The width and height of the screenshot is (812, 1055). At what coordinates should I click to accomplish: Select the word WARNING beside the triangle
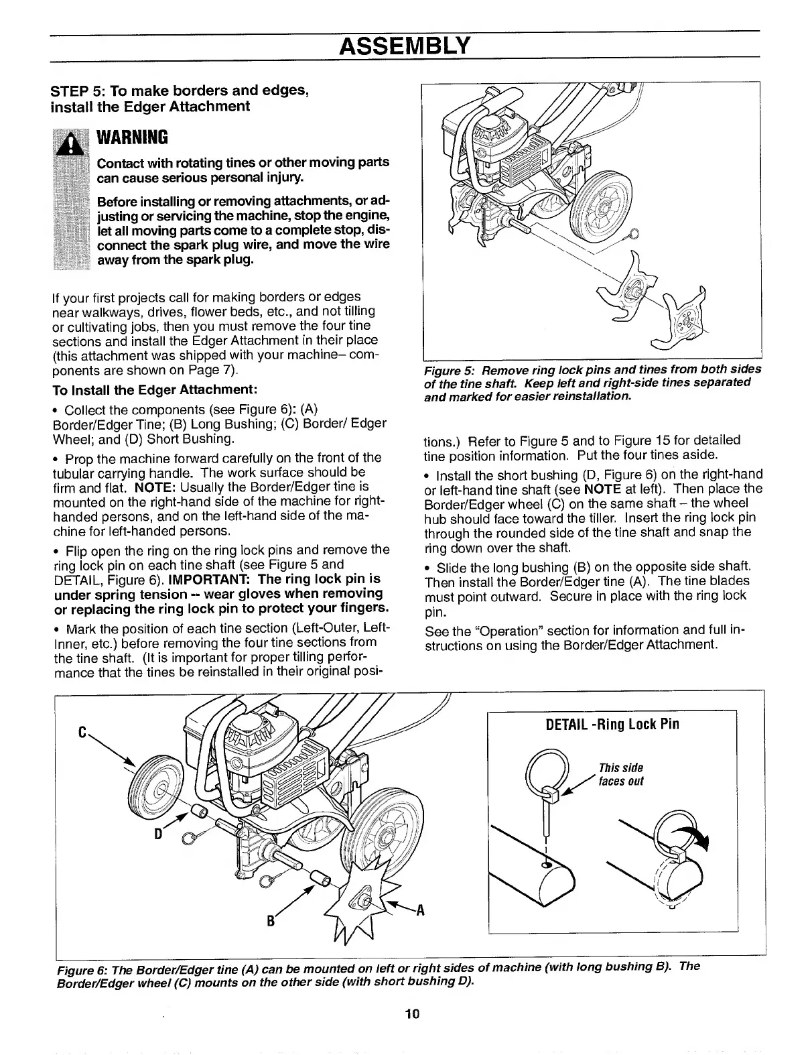click(x=132, y=138)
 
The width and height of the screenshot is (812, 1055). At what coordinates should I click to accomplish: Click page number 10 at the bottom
click(x=411, y=1013)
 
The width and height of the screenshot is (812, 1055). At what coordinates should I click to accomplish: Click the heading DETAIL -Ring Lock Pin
click(x=612, y=724)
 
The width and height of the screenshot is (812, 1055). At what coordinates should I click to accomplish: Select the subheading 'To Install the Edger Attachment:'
click(x=155, y=390)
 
